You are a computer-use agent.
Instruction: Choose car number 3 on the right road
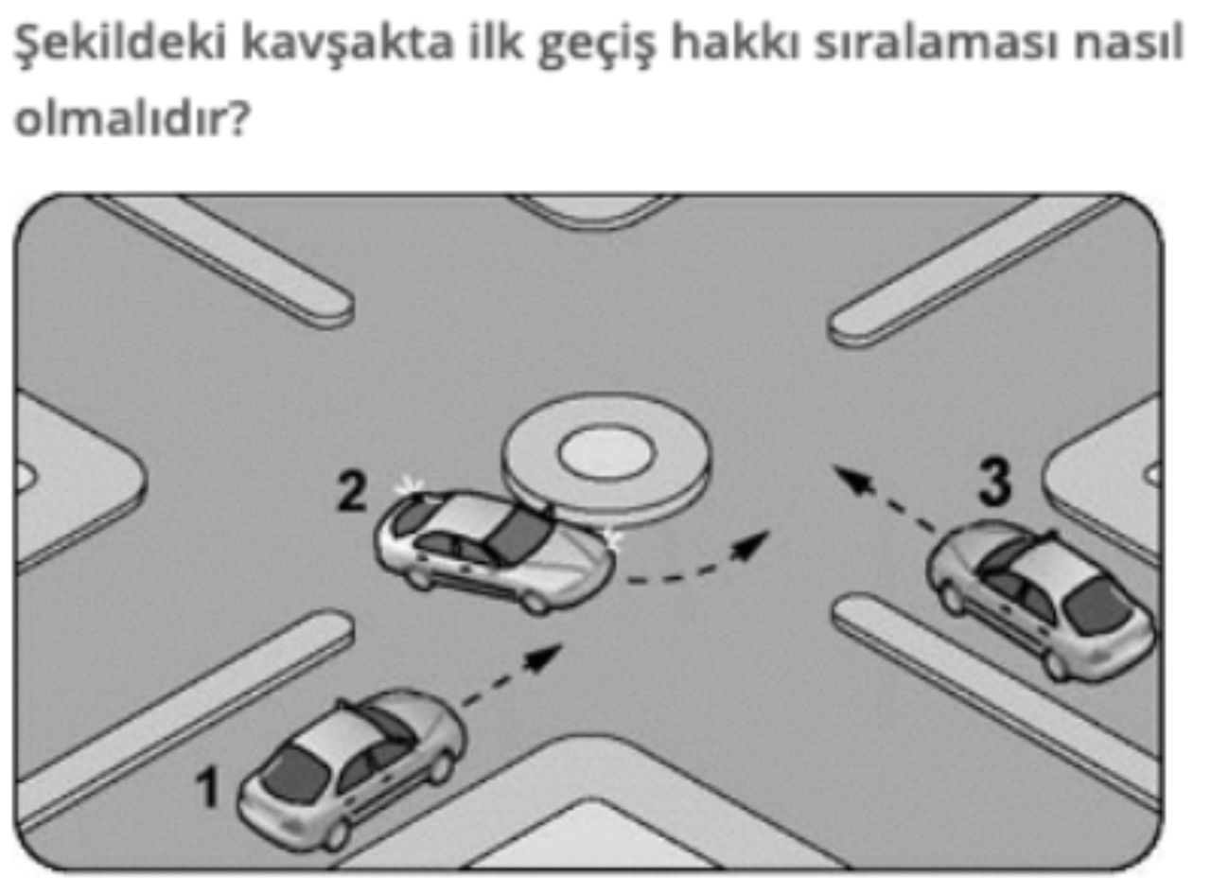[1041, 602]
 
